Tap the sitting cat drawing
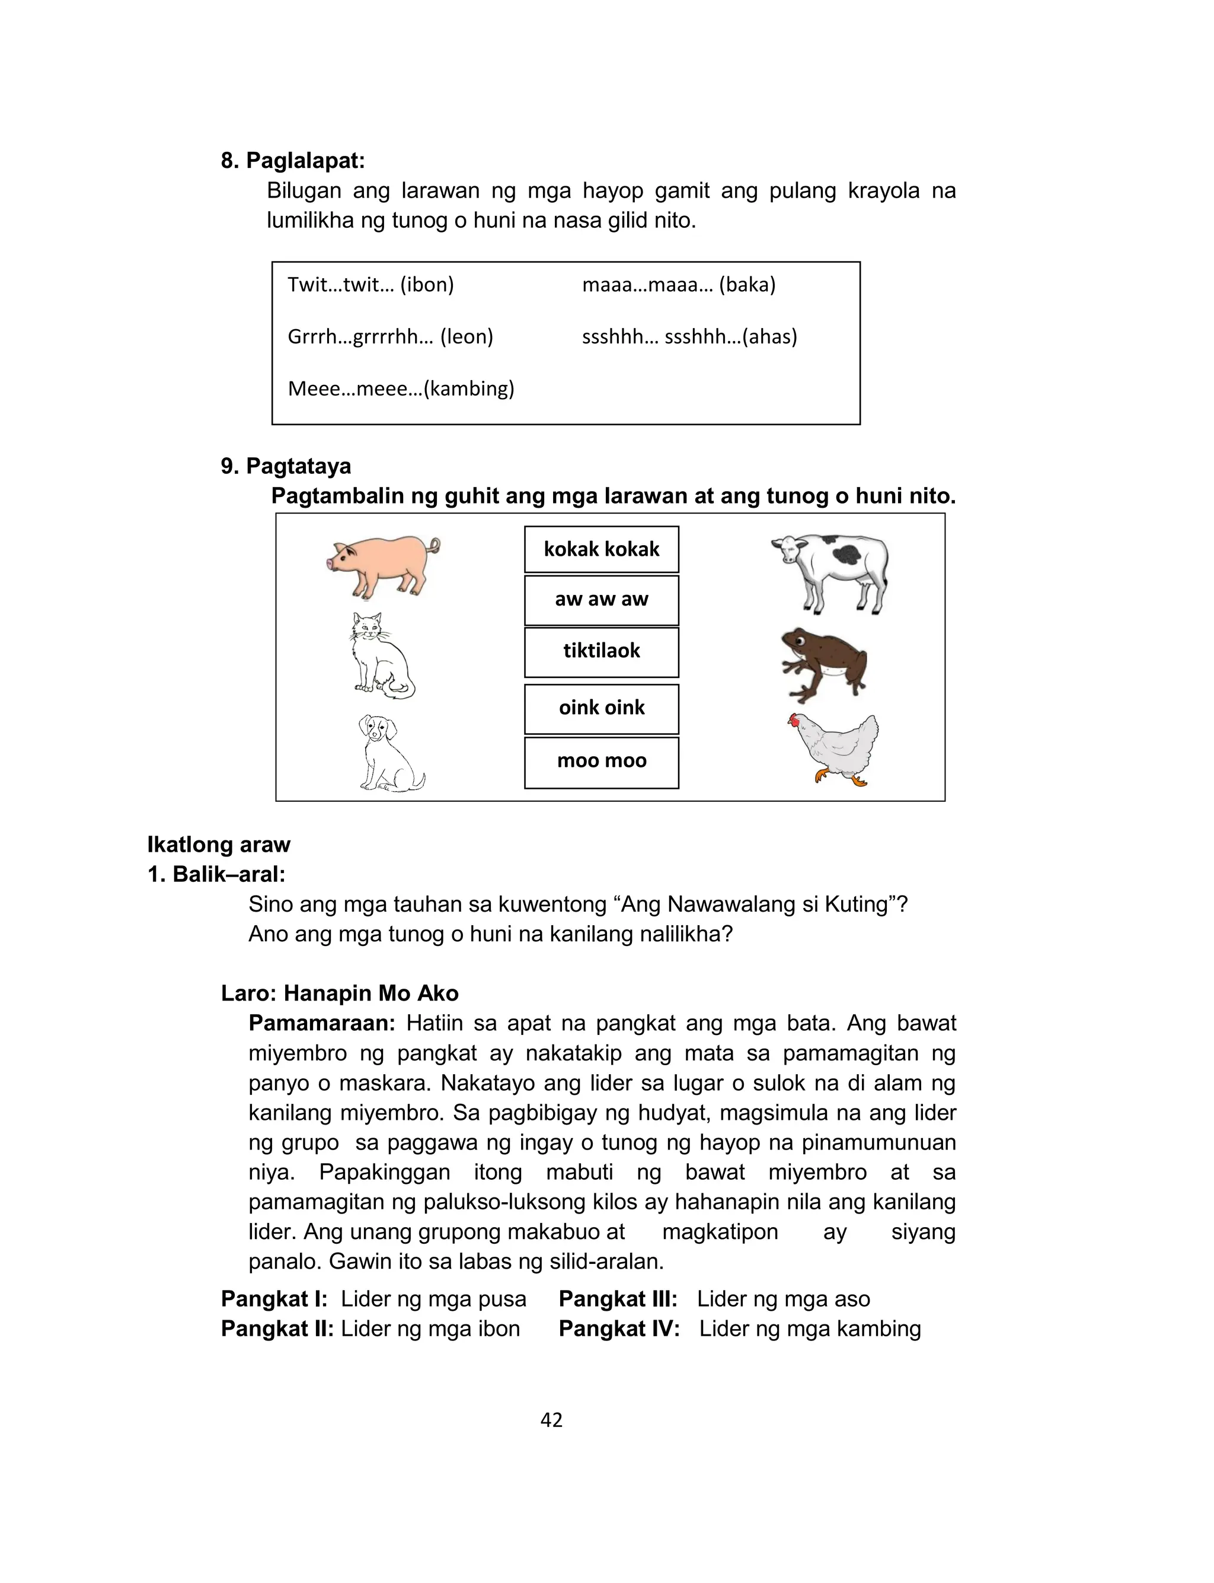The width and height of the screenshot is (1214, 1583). (x=381, y=657)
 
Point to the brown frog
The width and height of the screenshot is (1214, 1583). (x=824, y=663)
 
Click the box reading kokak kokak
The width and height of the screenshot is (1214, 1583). (x=601, y=549)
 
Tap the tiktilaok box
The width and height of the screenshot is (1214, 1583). (x=601, y=651)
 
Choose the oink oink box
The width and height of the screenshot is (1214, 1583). (x=601, y=708)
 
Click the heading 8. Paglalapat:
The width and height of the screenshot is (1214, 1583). (x=293, y=161)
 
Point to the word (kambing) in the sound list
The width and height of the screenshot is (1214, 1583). (x=469, y=389)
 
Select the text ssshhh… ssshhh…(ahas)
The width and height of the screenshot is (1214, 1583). (x=689, y=337)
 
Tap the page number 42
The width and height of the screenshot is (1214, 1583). (x=551, y=1420)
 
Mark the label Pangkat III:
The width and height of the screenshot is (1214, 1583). (x=618, y=1299)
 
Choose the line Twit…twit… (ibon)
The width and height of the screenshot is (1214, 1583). (x=370, y=285)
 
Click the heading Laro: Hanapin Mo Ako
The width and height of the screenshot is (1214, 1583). (x=340, y=993)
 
